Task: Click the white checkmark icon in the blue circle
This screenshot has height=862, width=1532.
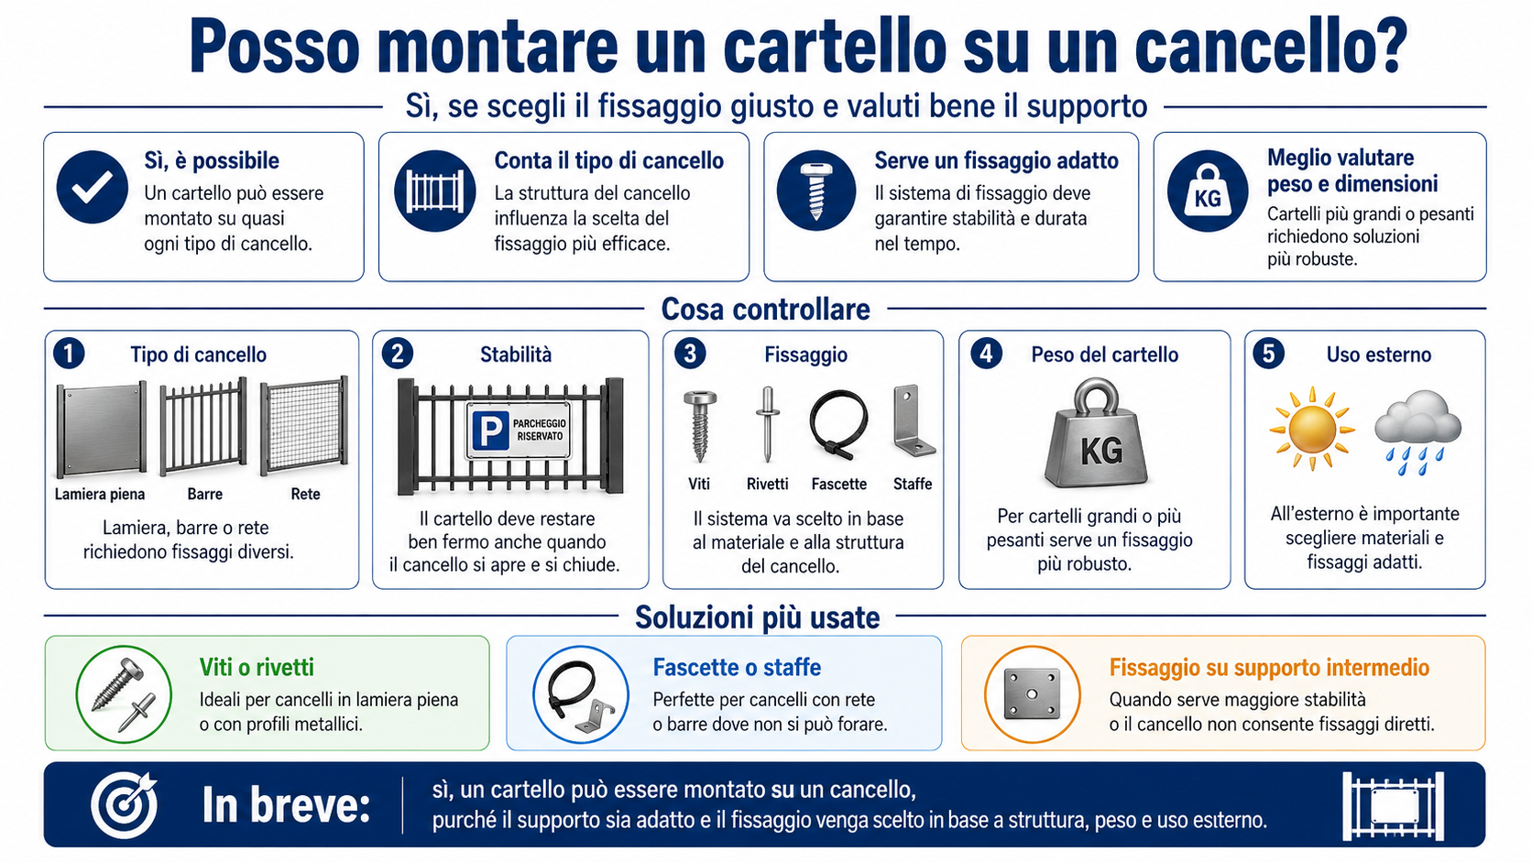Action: pos(93,187)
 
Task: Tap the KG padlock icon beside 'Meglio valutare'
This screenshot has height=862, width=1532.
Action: pos(1207,191)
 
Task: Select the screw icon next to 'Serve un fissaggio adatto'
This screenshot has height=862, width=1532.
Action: pos(815,191)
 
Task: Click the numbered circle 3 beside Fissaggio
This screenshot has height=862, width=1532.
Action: pos(689,355)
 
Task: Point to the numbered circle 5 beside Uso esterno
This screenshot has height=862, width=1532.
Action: pos(1268,355)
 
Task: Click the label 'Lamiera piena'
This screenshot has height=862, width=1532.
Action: pos(100,494)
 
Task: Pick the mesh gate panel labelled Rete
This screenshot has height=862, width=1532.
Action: pos(304,424)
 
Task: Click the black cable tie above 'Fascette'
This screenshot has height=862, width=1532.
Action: pos(837,424)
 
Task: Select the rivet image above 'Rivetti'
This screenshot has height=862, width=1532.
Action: pos(767,424)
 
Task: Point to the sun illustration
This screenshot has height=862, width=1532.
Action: pos(1311,429)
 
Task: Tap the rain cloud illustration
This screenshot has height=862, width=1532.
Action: pos(1417,431)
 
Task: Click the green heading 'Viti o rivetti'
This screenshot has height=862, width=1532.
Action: pos(257,667)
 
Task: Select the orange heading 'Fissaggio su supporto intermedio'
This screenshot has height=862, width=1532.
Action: pos(1269,667)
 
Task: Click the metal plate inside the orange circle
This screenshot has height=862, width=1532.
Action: pos(1032,693)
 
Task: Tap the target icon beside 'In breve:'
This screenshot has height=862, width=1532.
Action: pos(125,805)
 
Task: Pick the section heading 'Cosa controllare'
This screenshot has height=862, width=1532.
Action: pos(765,309)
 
